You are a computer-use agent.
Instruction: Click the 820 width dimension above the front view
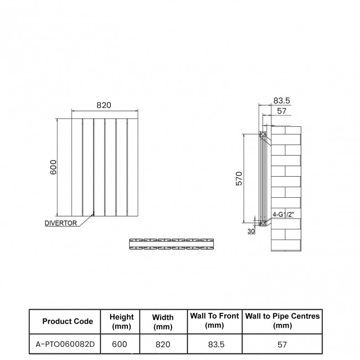point(104,105)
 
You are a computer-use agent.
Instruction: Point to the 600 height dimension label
point(53,167)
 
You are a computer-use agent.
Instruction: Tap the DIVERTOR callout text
point(60,223)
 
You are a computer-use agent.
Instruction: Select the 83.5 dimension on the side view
point(281,101)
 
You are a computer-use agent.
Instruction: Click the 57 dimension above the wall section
point(282,111)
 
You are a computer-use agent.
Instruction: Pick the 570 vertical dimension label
point(239,178)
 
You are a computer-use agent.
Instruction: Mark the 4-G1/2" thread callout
point(283,214)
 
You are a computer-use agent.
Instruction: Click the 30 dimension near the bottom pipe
point(251,231)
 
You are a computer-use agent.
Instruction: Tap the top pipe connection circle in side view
point(263,135)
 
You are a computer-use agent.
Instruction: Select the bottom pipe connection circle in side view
point(263,223)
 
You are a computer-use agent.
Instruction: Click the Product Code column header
point(68,321)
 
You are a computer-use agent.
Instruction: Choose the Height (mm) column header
point(121,321)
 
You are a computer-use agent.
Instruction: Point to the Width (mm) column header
point(163,322)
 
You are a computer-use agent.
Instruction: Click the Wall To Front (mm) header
point(214,321)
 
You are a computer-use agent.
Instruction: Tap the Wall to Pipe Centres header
point(282,321)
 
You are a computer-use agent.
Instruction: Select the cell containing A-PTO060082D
point(65,344)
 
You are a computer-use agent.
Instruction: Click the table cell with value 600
point(120,344)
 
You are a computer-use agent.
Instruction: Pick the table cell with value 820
point(163,344)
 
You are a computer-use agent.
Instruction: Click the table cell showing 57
point(282,344)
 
